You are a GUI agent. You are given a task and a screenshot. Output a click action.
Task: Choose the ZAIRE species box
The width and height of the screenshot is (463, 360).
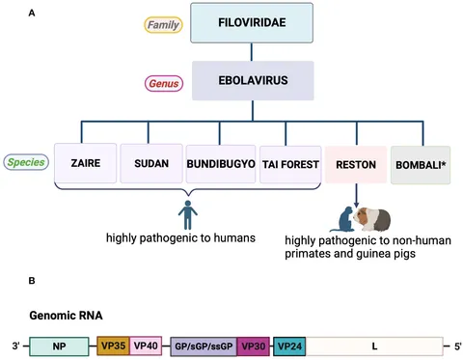84,164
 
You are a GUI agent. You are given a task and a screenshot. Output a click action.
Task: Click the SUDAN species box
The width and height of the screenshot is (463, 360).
150,164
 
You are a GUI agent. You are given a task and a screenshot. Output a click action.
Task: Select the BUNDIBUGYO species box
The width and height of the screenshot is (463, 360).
220,164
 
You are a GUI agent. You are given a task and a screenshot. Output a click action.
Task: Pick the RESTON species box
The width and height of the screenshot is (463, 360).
355,164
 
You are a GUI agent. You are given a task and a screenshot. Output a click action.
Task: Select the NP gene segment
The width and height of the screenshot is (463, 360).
61,344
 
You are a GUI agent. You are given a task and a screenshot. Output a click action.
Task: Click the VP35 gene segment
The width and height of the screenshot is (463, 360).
114,344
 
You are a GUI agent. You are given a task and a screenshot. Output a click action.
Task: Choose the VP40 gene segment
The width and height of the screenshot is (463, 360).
146,344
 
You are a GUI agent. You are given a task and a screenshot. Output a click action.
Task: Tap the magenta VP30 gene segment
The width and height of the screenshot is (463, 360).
254,344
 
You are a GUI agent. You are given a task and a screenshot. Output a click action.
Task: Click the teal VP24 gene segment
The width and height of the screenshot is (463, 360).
289,344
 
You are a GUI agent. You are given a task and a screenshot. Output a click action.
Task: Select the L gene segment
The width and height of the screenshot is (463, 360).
373,344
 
